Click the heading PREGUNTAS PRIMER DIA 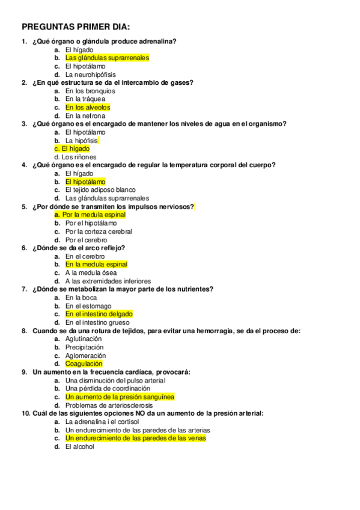[75, 27]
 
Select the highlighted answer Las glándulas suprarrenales [107, 58]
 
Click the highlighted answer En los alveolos [88, 108]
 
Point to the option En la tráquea [85, 99]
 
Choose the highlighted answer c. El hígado [72, 149]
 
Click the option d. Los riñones [75, 157]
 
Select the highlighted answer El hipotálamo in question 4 [85, 182]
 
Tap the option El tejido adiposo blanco [100, 190]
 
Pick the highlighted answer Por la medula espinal [90, 215]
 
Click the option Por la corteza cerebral [99, 232]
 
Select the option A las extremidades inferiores [108, 281]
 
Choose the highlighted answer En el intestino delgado [99, 314]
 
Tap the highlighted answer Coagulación [84, 364]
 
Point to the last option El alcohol [80, 447]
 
